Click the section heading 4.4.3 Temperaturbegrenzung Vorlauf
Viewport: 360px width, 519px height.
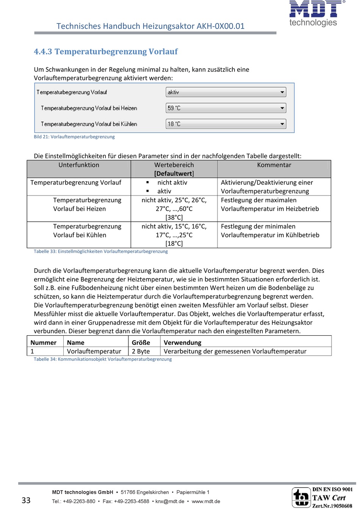tap(106, 52)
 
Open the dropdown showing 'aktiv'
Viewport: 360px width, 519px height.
tap(226, 92)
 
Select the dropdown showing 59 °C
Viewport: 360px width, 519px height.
tap(226, 108)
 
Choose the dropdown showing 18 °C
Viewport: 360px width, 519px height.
tap(226, 124)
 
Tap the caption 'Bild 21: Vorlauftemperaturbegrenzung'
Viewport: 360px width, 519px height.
tap(74, 137)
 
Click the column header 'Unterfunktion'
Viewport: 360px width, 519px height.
tap(79, 165)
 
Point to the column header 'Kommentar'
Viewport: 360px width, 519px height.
tap(274, 165)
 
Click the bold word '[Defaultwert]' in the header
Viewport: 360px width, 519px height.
tap(174, 174)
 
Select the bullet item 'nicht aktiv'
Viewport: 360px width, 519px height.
tap(172, 183)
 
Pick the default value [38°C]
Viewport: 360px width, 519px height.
tap(174, 217)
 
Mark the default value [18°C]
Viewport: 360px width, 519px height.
tap(174, 244)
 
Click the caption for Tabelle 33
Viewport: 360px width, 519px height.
tap(101, 252)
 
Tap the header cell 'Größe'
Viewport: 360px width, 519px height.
tap(141, 342)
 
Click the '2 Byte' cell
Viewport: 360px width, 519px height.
tap(141, 352)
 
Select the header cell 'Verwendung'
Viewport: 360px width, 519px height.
tap(182, 342)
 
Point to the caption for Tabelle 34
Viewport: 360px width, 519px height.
tap(103, 359)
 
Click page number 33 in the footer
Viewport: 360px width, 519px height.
tap(26, 500)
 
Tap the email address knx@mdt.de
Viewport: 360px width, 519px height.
tap(170, 502)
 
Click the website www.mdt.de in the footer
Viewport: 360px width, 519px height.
tap(206, 502)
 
